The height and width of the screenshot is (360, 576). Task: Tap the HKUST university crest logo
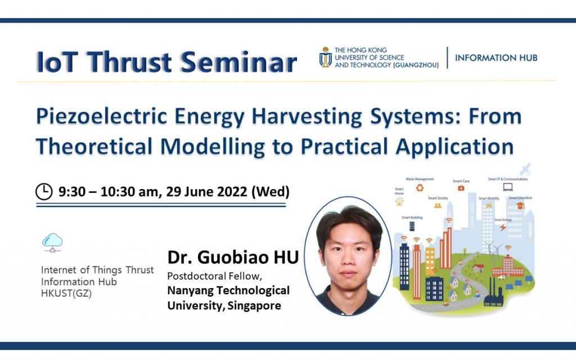click(325, 57)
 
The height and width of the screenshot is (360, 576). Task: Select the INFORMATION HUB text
click(496, 57)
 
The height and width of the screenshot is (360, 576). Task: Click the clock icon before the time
click(44, 192)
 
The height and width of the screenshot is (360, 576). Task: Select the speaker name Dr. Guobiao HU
click(233, 258)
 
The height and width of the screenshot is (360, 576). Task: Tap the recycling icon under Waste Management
click(420, 188)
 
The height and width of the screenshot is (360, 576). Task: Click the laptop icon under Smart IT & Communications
click(508, 187)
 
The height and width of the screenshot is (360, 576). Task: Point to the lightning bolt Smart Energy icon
click(502, 227)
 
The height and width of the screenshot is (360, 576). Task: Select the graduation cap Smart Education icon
click(520, 206)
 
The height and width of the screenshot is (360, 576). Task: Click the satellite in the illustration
click(525, 168)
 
